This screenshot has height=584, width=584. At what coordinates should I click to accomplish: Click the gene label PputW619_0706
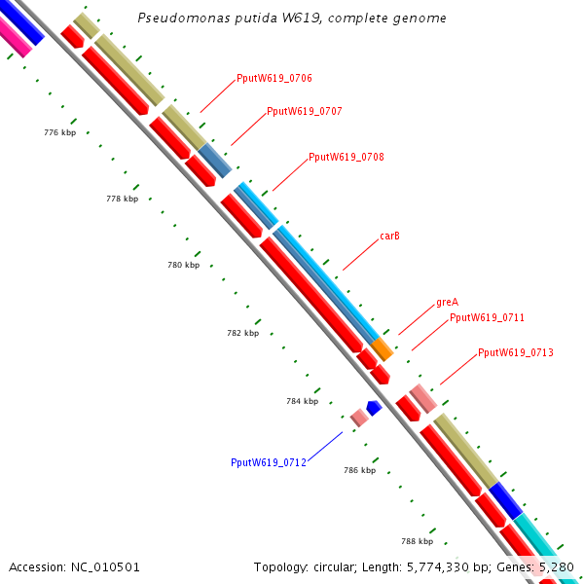(274, 78)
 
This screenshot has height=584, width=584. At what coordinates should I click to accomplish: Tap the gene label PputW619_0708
(346, 157)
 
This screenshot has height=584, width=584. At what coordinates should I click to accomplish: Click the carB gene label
(389, 237)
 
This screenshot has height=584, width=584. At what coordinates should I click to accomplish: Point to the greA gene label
(447, 303)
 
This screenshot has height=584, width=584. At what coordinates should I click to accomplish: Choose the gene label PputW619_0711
(487, 318)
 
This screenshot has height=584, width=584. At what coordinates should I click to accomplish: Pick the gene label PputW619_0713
(515, 352)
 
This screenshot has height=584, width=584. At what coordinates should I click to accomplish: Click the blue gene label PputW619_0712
(269, 462)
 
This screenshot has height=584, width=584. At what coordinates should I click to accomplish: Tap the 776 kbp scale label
(60, 132)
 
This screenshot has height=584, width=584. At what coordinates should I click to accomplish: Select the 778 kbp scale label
(122, 199)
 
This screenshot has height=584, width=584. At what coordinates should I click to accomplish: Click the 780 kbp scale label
(183, 265)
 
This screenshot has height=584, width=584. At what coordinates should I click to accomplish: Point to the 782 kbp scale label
(242, 333)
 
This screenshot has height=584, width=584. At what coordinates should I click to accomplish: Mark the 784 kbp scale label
(303, 401)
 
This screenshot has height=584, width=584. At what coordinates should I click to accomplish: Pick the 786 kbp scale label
(359, 470)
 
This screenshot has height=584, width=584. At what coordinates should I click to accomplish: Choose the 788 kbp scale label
(417, 541)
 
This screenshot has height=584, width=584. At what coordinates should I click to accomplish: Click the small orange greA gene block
(383, 347)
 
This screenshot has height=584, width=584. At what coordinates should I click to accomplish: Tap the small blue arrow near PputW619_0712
(373, 408)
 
